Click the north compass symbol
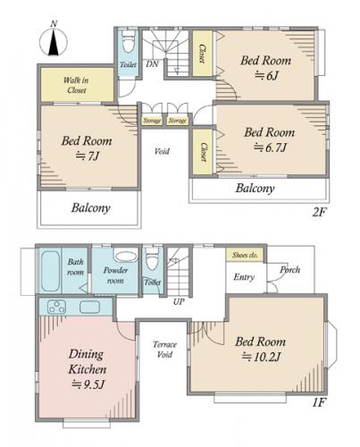[54, 41]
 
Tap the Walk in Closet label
[76, 85]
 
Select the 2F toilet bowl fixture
[129, 42]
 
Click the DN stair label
[152, 63]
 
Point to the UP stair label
[179, 301]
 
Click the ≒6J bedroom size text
[266, 76]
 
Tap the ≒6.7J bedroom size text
[270, 148]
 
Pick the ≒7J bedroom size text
[87, 156]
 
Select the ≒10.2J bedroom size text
[261, 357]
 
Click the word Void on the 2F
[162, 151]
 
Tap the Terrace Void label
[164, 350]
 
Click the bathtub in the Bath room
[50, 271]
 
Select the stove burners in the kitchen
[57, 307]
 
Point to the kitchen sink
[89, 307]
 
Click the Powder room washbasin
[125, 257]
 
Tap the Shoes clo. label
[245, 255]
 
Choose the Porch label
[289, 270]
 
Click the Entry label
[244, 277]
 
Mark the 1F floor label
[318, 402]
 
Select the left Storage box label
[152, 121]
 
